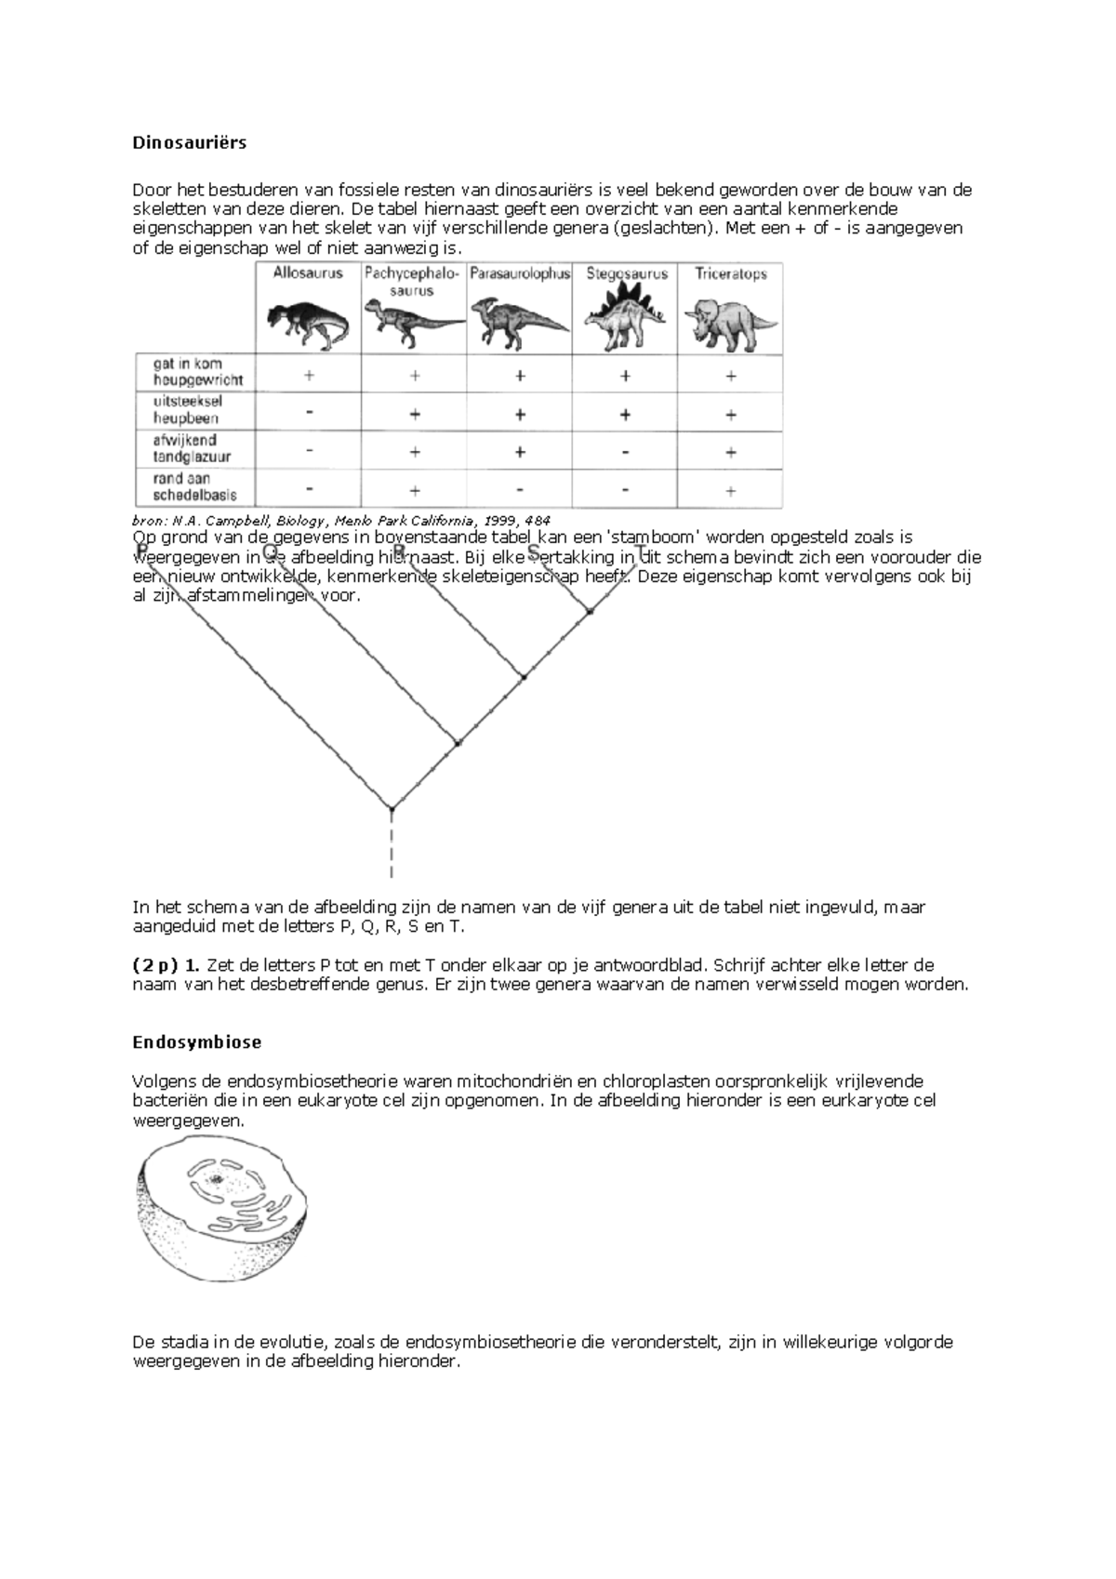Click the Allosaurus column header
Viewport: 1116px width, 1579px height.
pyautogui.click(x=308, y=273)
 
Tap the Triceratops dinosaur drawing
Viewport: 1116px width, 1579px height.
pyautogui.click(x=730, y=321)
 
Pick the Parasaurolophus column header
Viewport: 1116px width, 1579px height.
pyautogui.click(x=520, y=274)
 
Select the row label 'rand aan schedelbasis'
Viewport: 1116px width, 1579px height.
pyautogui.click(x=194, y=487)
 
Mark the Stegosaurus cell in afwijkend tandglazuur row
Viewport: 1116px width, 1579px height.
pyautogui.click(x=625, y=452)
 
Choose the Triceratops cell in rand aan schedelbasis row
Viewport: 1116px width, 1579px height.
pyautogui.click(x=731, y=490)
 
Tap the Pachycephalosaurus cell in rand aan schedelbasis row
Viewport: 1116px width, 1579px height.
pyautogui.click(x=415, y=490)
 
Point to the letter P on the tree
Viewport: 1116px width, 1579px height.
pyautogui.click(x=142, y=551)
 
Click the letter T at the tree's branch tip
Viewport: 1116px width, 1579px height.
pyautogui.click(x=640, y=551)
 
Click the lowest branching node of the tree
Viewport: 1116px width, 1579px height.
pyautogui.click(x=392, y=809)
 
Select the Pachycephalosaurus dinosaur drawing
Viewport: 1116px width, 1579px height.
pyautogui.click(x=413, y=321)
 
